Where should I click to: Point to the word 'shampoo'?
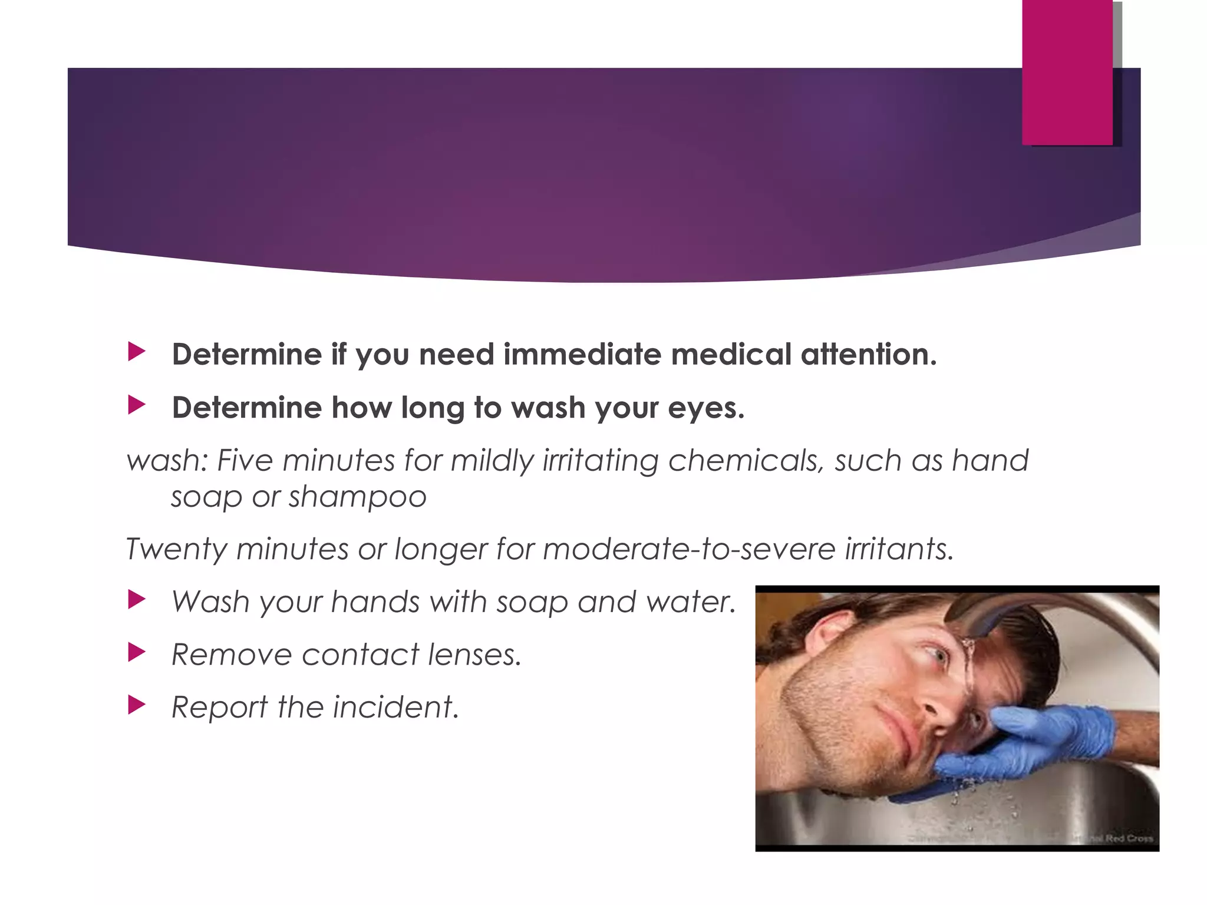coord(357,497)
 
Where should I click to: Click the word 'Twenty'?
coord(176,550)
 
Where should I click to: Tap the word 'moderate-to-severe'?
coord(689,549)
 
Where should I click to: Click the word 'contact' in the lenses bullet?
coord(361,655)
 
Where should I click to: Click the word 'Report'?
coord(219,708)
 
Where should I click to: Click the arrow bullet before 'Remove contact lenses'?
coord(136,652)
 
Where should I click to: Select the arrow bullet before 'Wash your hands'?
coord(136,600)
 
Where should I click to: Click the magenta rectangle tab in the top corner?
coord(1067,72)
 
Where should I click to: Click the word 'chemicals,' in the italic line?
coord(746,460)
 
